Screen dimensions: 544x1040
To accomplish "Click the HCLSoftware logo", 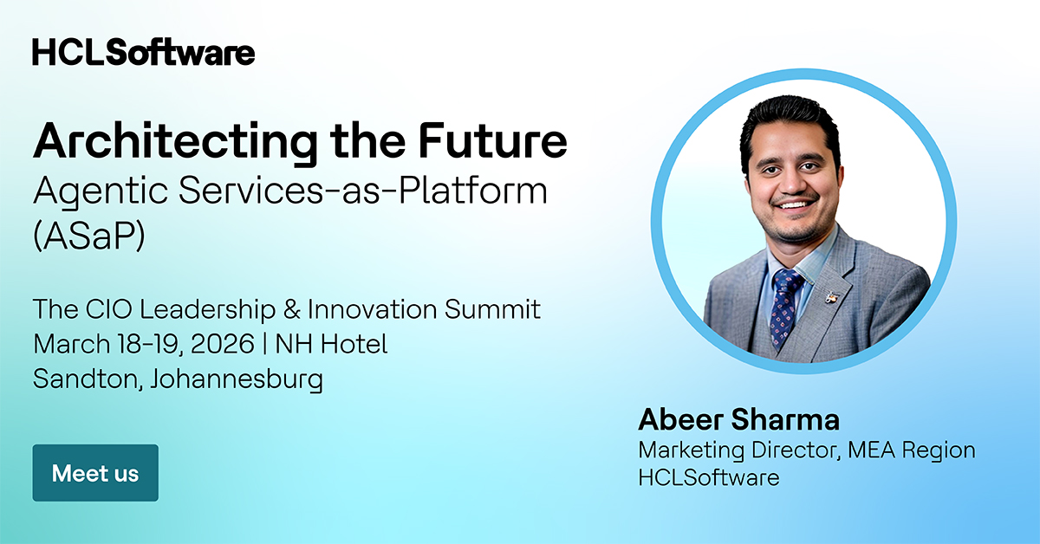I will pyautogui.click(x=144, y=52).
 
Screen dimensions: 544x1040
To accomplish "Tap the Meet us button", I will pyautogui.click(x=95, y=473).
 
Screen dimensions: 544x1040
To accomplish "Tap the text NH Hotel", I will pyautogui.click(x=331, y=344).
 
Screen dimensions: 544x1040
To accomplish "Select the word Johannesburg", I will pyautogui.click(x=237, y=379).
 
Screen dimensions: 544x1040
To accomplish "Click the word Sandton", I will pyautogui.click(x=82, y=379).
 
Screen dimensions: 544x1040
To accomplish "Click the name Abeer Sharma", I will pyautogui.click(x=739, y=420).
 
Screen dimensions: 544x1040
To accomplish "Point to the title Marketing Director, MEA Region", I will pyautogui.click(x=807, y=450).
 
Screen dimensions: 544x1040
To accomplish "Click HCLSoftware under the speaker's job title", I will pyautogui.click(x=709, y=476).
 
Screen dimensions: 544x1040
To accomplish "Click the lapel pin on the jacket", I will pyautogui.click(x=833, y=297).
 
